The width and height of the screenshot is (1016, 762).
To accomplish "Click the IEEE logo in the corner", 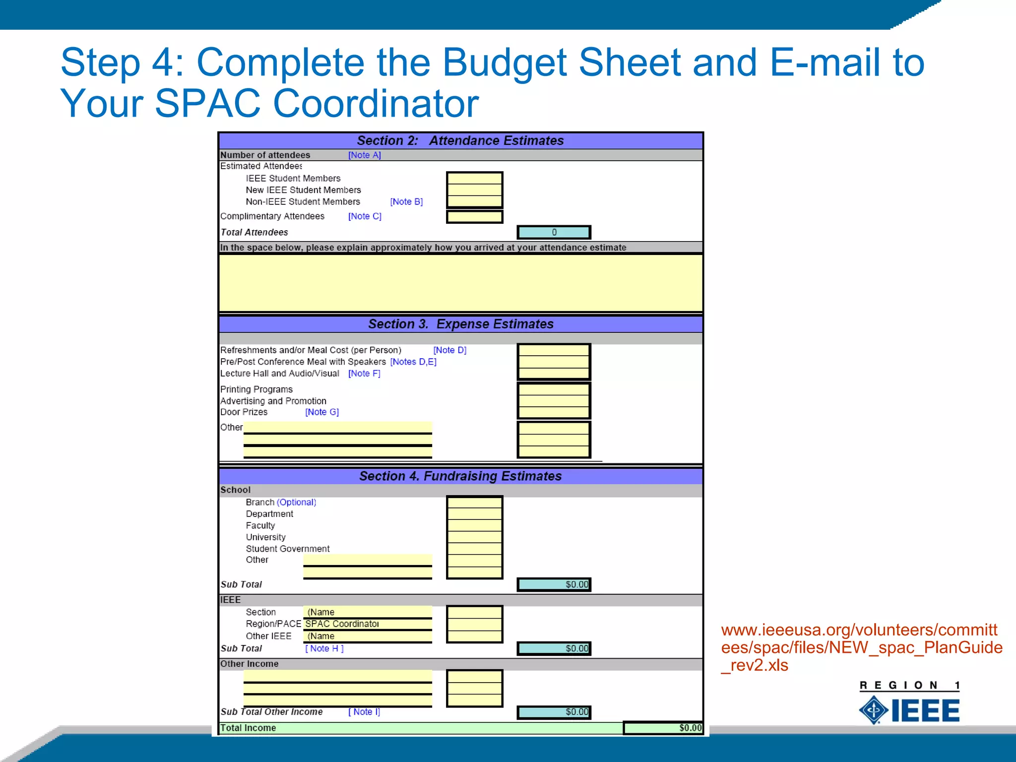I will (909, 710).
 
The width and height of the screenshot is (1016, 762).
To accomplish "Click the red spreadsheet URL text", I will (861, 647).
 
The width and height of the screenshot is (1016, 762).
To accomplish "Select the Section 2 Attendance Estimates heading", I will (460, 141).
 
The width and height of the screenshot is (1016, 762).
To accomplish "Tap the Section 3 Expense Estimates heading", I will (460, 324).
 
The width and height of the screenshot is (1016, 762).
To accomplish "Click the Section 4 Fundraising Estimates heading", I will (460, 476).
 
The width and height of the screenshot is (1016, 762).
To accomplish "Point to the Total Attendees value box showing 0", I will (554, 232).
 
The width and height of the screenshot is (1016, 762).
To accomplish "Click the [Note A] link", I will (364, 155).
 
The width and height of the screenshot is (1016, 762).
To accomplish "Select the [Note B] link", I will (406, 202).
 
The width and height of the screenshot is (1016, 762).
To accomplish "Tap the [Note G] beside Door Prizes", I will (321, 412).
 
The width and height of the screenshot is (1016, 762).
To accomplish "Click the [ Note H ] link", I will (324, 648).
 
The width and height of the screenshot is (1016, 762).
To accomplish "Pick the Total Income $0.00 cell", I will (663, 728).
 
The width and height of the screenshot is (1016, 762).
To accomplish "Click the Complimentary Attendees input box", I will (474, 217).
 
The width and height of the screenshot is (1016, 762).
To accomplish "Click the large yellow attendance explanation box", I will (460, 283).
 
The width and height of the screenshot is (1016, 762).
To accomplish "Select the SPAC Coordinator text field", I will (367, 624).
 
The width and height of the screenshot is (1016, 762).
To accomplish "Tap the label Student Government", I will (287, 549).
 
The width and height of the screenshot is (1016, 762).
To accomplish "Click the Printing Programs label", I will (256, 389).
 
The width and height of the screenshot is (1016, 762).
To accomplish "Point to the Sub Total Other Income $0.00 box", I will (554, 712).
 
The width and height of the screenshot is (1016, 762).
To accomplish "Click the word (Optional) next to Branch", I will (296, 503).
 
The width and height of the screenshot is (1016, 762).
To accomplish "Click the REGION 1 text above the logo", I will (909, 686).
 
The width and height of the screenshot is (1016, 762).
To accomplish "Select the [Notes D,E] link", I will (413, 362).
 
